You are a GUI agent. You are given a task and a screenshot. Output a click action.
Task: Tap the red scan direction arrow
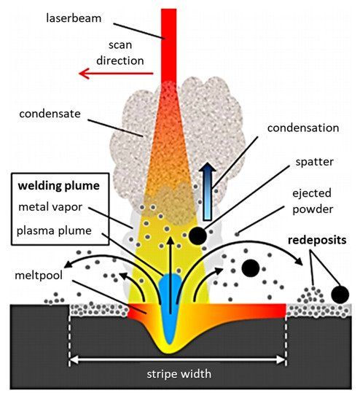[x=117, y=73]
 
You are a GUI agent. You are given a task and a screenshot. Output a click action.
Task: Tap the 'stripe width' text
[x=178, y=374]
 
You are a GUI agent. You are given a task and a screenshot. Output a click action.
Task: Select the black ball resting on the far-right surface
[x=339, y=294]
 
